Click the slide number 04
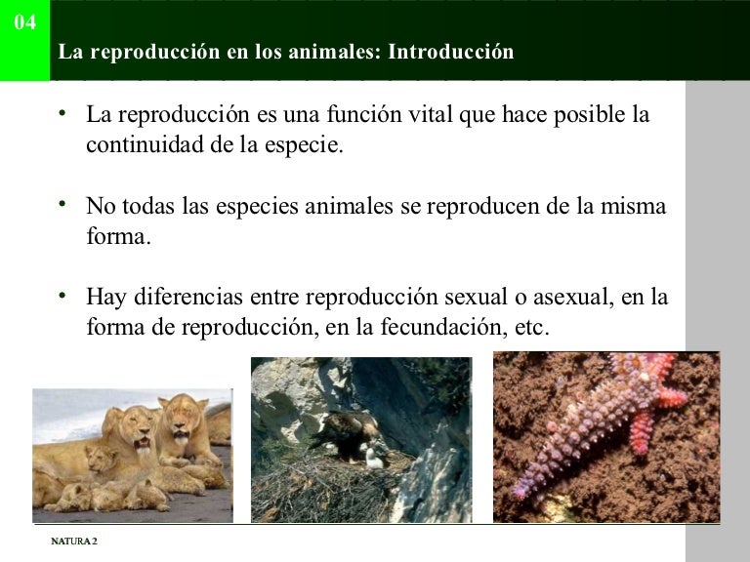click(25, 22)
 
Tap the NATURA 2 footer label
click(74, 542)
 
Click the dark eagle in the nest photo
click(337, 430)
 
